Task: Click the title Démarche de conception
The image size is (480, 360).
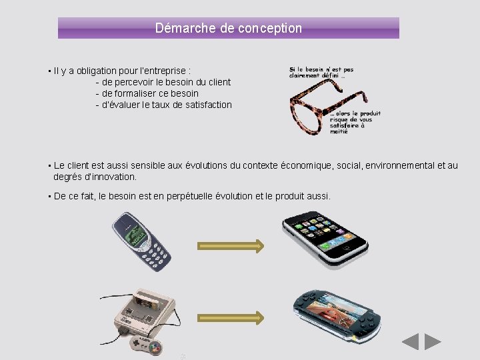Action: coord(228,28)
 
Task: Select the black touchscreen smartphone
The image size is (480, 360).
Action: coord(325,236)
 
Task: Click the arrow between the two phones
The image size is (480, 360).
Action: coord(231,246)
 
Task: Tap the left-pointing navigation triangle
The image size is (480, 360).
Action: coord(411,342)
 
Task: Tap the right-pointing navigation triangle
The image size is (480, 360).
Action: coord(433,342)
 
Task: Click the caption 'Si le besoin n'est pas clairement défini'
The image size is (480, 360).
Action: coord(321,72)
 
